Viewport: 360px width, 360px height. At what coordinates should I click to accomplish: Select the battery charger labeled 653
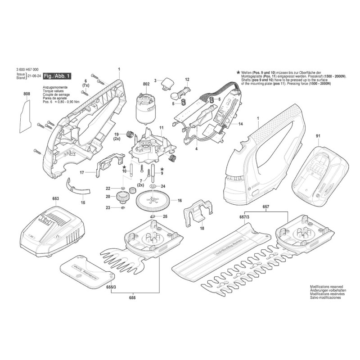tap(51, 227)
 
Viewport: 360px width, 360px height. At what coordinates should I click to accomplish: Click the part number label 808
tap(26, 94)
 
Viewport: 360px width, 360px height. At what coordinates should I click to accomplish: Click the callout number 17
tap(82, 172)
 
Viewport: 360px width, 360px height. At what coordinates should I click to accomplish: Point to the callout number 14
tap(241, 124)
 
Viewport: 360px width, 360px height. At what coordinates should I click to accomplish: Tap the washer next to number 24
tap(153, 186)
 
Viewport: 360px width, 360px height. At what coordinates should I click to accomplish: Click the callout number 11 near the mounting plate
tap(162, 128)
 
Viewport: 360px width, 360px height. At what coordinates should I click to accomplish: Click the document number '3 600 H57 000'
tap(27, 69)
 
